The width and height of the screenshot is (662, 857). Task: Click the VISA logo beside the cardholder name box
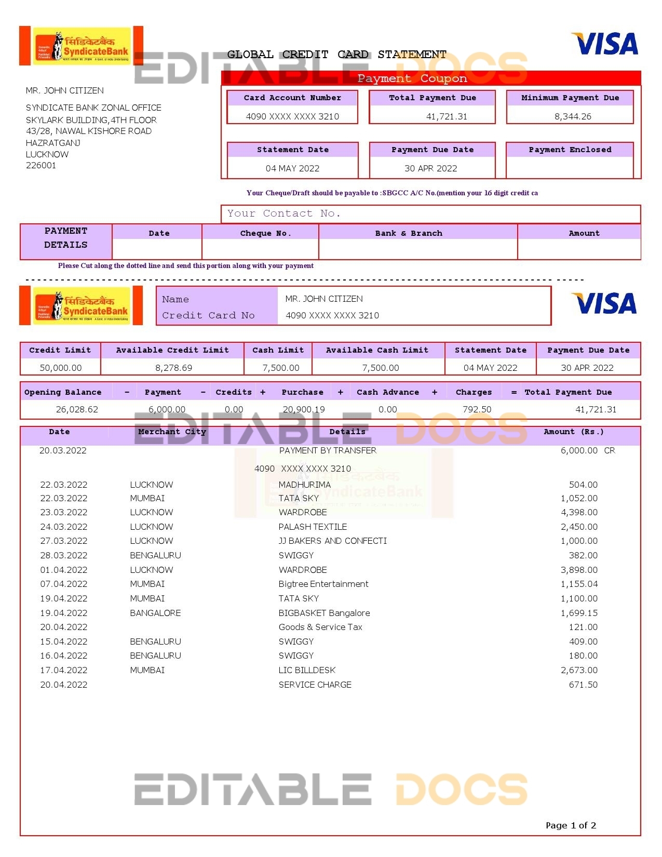point(604,303)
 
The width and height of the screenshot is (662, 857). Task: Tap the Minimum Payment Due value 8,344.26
point(573,116)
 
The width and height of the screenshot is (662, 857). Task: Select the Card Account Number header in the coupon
point(292,98)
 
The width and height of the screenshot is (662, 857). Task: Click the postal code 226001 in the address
point(41,165)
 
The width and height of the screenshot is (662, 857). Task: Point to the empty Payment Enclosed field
point(570,168)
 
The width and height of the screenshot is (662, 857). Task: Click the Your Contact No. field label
point(283,213)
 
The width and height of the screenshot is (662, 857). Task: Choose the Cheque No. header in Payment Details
point(265,233)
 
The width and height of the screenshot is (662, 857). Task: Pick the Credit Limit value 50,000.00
point(61,368)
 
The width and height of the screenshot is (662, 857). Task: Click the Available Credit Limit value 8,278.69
point(173,368)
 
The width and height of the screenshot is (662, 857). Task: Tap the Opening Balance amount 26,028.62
point(77,409)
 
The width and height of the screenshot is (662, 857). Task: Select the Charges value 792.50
point(477,409)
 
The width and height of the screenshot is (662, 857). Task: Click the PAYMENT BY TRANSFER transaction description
point(328,450)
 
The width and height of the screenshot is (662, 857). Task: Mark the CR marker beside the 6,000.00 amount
point(610,450)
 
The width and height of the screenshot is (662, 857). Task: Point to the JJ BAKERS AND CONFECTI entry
point(332,541)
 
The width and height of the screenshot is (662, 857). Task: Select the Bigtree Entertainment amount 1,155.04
point(579,584)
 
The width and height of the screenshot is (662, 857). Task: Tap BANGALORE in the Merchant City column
point(155,613)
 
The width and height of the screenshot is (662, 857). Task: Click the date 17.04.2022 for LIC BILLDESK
point(64,670)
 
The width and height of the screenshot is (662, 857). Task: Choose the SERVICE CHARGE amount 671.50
point(583,685)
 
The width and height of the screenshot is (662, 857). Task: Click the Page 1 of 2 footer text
point(571,825)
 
